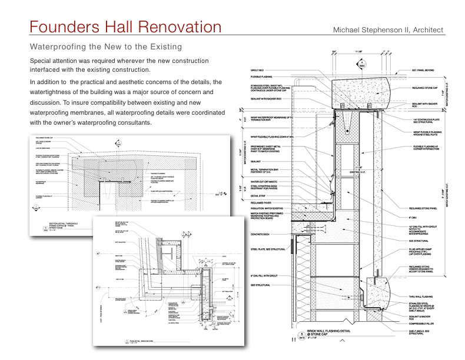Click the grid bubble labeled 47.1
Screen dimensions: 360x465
tap(98, 286)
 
